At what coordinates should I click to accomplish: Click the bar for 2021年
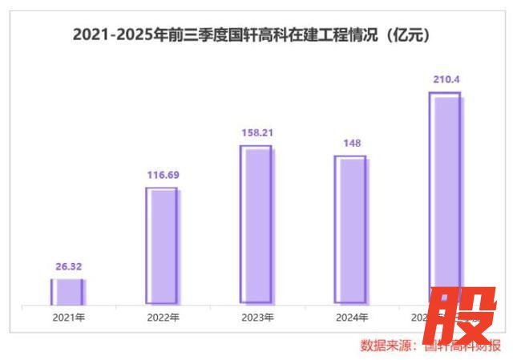coord(67,292)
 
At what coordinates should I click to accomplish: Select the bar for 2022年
coord(162,246)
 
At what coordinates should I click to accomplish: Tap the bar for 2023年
coord(256,225)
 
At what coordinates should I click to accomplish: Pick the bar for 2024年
coord(350,230)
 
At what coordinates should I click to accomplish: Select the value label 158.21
coord(256,133)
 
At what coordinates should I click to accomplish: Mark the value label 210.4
coord(445,80)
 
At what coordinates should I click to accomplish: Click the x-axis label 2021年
coord(68,318)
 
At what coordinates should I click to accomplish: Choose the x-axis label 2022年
coord(163,318)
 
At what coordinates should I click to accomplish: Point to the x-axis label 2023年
coord(257,318)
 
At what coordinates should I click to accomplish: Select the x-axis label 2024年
coord(351,318)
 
